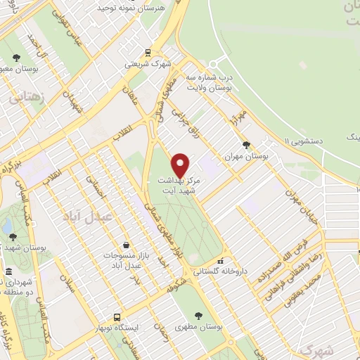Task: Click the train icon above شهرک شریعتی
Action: pyautogui.click(x=148, y=52)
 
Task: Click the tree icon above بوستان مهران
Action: pyautogui.click(x=245, y=145)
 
